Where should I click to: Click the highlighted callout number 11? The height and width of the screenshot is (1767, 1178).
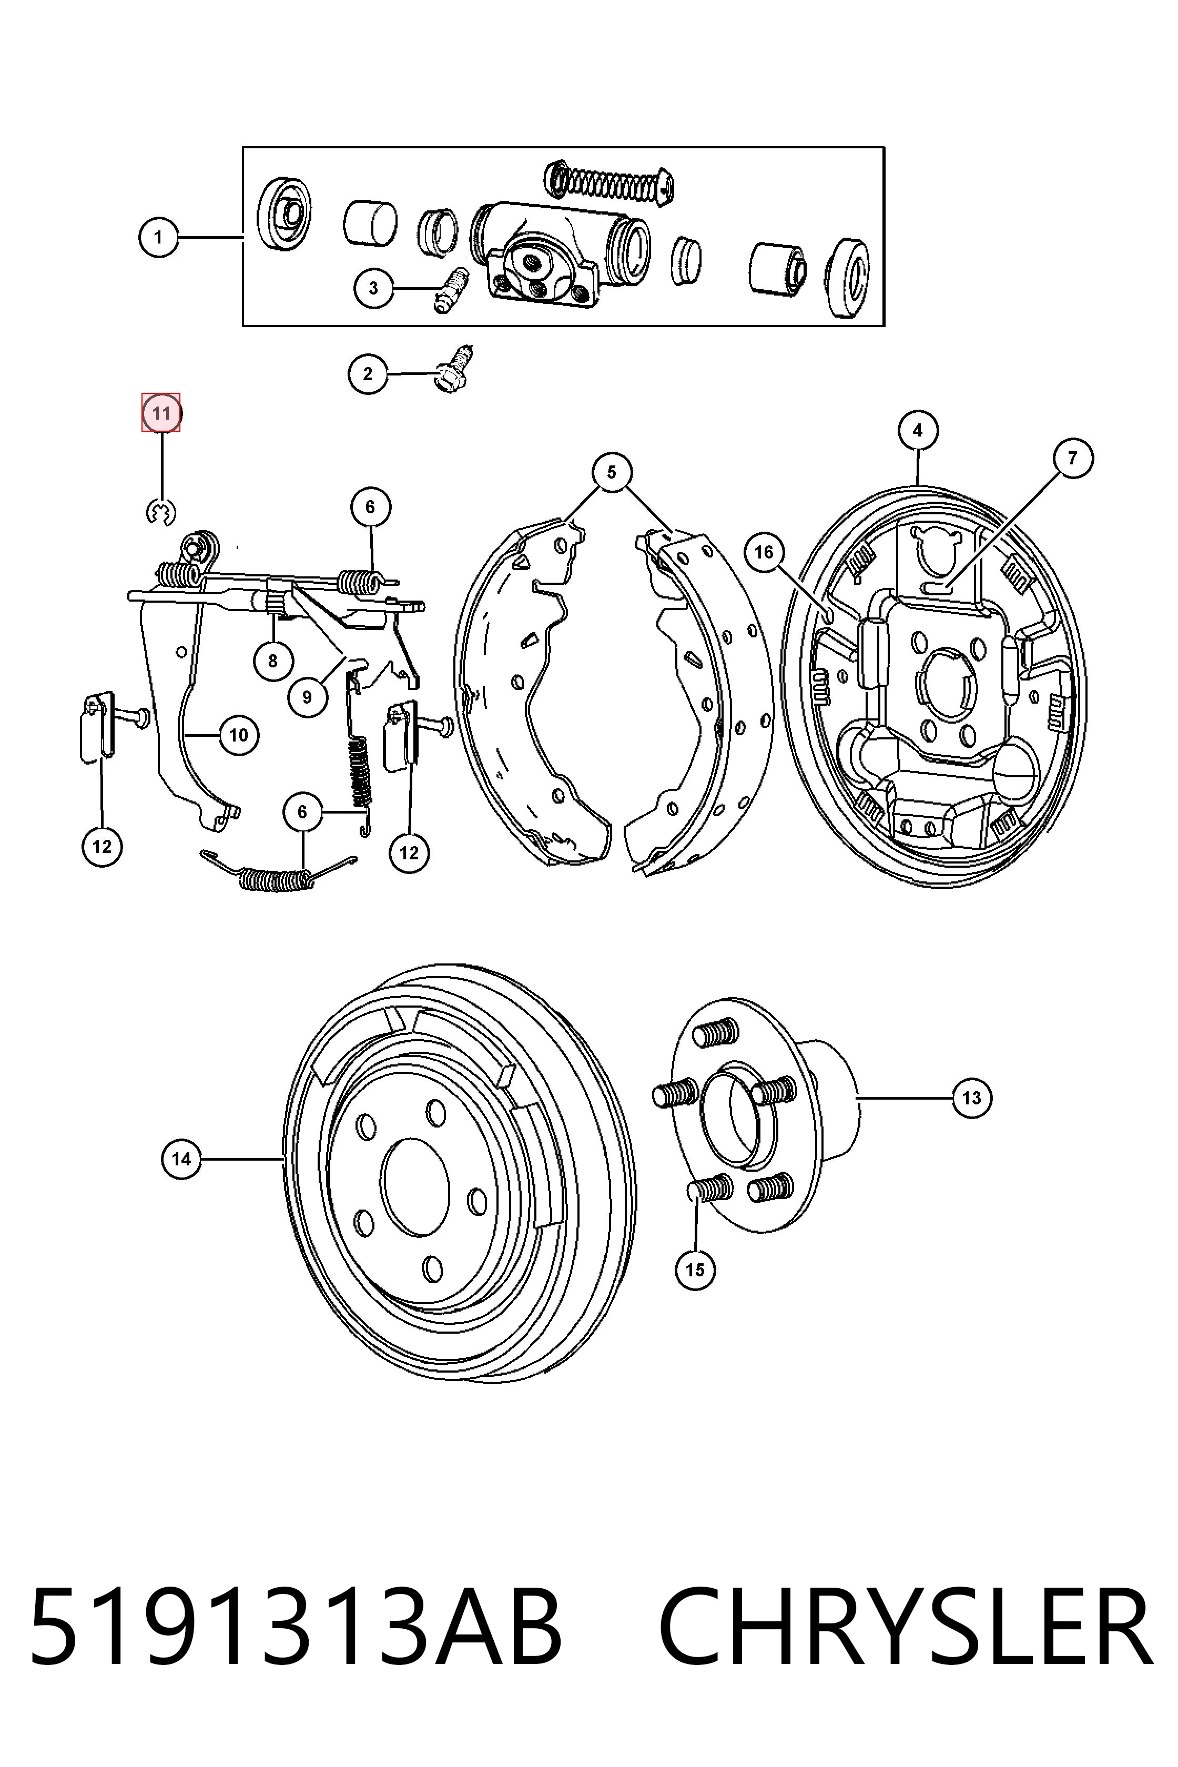pos(161,412)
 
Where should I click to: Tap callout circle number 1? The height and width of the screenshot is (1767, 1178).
pos(158,237)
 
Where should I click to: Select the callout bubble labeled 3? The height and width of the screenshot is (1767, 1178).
pos(373,287)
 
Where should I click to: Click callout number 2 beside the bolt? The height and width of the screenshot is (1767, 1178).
pos(368,373)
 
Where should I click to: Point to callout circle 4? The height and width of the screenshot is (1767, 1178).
pos(917,431)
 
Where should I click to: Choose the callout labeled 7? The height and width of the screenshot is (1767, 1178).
pos(1072,458)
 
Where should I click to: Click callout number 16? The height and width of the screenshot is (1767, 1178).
pos(763,552)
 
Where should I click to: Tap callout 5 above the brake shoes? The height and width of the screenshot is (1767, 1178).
pos(612,472)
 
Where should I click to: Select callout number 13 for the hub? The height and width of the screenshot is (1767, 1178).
pos(971,1098)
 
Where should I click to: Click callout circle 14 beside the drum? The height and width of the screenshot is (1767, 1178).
pos(181,1159)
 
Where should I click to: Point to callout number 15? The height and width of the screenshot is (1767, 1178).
pos(695,1269)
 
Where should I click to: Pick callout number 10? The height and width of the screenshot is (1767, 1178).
pos(239,735)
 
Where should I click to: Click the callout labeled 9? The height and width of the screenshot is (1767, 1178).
pos(307,696)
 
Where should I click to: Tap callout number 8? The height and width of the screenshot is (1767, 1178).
pos(272,661)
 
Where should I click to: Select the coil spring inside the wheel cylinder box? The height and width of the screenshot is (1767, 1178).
pos(608,182)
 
